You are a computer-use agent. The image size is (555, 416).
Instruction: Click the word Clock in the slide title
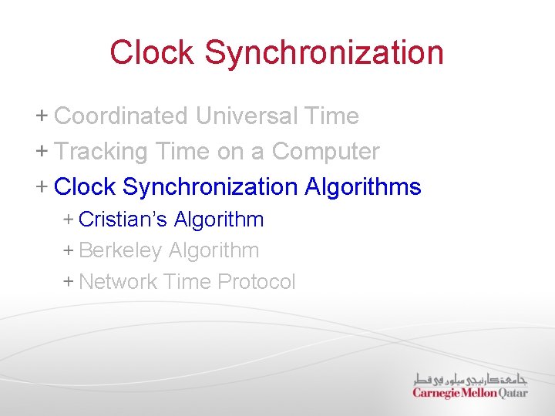[x=153, y=52]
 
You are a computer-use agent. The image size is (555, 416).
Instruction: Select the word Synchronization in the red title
[x=324, y=52]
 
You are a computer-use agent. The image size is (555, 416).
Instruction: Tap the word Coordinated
[x=122, y=116]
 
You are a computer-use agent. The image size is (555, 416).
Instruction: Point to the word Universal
[x=247, y=116]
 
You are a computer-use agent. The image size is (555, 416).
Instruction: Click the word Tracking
[x=101, y=152]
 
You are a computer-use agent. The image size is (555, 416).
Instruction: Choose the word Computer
[x=325, y=152]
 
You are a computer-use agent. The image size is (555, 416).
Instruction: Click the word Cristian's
[x=123, y=220]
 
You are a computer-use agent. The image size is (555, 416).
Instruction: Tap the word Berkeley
[x=120, y=250]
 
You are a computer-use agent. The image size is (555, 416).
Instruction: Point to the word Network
[x=119, y=282]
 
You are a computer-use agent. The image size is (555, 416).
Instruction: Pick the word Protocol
[x=256, y=282]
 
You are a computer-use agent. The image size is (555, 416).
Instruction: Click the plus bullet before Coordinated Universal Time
[x=42, y=116]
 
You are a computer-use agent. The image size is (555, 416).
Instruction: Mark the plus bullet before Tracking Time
[x=42, y=152]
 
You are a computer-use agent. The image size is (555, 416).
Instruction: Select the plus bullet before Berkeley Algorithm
[x=68, y=250]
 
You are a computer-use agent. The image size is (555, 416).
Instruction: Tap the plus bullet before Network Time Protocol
[x=68, y=282]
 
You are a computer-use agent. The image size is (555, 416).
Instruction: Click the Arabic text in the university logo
[x=470, y=379]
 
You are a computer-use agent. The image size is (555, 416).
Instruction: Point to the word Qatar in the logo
[x=513, y=393]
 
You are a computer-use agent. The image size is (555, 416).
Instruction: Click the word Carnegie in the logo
[x=436, y=393]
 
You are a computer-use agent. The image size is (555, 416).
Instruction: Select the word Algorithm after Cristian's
[x=219, y=220]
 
